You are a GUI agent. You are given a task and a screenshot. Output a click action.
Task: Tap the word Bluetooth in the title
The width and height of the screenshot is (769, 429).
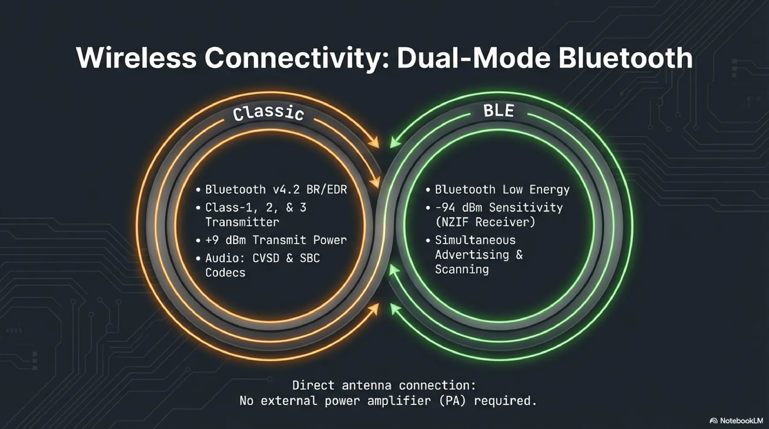[x=625, y=58]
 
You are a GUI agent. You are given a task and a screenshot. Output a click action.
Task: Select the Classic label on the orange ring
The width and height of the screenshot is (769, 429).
[x=268, y=113]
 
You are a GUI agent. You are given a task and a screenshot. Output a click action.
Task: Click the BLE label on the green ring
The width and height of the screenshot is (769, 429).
[x=499, y=111]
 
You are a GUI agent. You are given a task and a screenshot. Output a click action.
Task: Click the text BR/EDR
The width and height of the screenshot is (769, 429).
[x=327, y=190]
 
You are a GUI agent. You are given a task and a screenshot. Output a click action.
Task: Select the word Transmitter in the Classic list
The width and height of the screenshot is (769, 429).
[x=242, y=222]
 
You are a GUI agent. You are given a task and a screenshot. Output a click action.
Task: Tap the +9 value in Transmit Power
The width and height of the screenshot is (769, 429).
[x=212, y=240]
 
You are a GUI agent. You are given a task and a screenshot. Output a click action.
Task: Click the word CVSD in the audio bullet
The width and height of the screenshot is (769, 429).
[x=266, y=258]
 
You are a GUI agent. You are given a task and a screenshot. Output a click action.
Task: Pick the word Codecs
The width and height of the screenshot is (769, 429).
[x=225, y=273]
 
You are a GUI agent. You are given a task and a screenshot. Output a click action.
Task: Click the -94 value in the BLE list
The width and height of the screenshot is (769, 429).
[x=445, y=207]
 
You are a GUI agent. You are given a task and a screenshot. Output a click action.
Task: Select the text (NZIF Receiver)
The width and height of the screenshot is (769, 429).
[x=485, y=222]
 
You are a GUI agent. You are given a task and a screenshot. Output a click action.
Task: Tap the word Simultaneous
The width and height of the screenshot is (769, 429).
[x=475, y=240]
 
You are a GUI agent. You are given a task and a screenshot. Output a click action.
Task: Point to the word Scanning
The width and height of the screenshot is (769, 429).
[x=462, y=269]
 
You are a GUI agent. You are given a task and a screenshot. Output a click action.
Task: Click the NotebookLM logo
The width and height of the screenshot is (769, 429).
[x=737, y=420]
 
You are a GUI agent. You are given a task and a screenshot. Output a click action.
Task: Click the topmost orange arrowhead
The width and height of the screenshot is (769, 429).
[x=375, y=143]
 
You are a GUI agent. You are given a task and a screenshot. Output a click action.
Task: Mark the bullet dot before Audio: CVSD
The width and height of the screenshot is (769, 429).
[x=198, y=259]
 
